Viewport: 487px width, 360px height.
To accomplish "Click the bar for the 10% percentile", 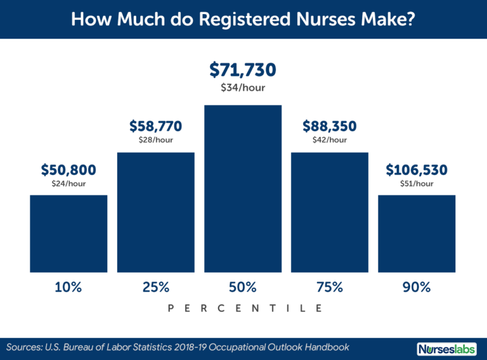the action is (x=68, y=234).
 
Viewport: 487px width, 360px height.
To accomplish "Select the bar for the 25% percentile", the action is (x=156, y=212).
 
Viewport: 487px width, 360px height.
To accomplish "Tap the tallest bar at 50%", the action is (x=243, y=189).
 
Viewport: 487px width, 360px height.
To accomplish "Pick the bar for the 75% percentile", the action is (x=330, y=212).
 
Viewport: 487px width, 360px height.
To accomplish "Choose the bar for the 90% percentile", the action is (x=417, y=234).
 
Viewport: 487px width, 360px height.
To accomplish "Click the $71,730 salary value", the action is (x=243, y=70).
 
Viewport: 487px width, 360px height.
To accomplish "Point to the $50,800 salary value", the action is (x=68, y=170).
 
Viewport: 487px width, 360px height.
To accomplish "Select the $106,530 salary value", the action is (x=417, y=170).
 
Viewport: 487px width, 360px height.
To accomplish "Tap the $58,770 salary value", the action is (x=156, y=126).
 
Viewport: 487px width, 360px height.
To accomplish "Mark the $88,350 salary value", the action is (x=330, y=126).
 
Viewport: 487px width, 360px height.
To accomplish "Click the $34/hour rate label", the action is (x=243, y=88).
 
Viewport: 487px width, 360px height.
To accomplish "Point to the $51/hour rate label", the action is (x=417, y=184).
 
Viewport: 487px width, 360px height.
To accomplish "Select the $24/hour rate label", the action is (x=68, y=184).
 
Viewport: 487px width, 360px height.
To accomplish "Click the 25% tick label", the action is (x=156, y=287).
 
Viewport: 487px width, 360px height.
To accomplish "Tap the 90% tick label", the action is (x=417, y=287).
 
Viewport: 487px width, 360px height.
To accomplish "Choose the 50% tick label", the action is (x=243, y=287).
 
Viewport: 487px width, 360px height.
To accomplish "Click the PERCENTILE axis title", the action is (x=245, y=309).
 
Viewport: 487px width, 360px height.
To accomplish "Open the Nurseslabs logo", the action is (x=446, y=349).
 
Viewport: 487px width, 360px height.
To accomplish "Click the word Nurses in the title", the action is (x=325, y=19).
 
